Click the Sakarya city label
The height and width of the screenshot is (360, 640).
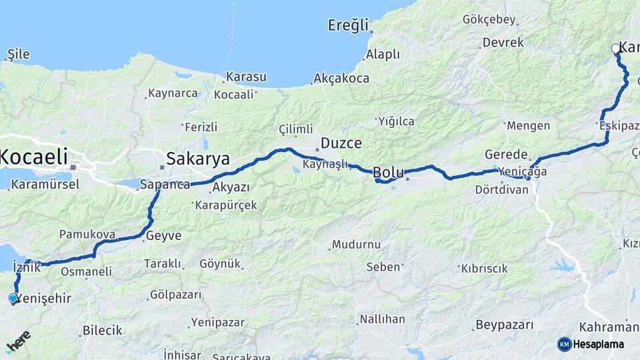(197, 159)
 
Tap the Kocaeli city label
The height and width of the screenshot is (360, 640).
(34, 157)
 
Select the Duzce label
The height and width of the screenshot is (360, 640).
(341, 143)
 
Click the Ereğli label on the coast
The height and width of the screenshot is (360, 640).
(348, 25)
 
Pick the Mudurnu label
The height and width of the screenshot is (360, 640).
(356, 244)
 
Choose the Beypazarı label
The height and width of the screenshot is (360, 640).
(504, 325)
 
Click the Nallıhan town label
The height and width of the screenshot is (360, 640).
(382, 319)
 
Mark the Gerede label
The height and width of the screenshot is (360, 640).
(507, 153)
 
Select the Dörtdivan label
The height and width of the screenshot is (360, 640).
(502, 189)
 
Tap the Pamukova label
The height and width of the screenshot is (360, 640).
(87, 235)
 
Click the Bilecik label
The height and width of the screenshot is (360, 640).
(102, 330)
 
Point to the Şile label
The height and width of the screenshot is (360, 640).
(17, 54)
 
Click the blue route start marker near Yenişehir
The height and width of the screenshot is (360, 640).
(13, 298)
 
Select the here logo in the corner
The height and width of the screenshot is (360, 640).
(18, 342)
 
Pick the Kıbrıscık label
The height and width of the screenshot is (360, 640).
(484, 269)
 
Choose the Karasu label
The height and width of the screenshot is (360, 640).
(245, 77)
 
